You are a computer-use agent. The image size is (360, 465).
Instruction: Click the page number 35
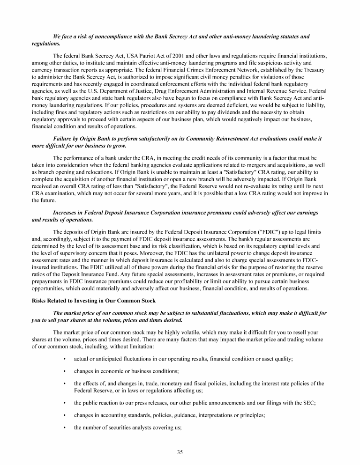coord(180,452)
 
